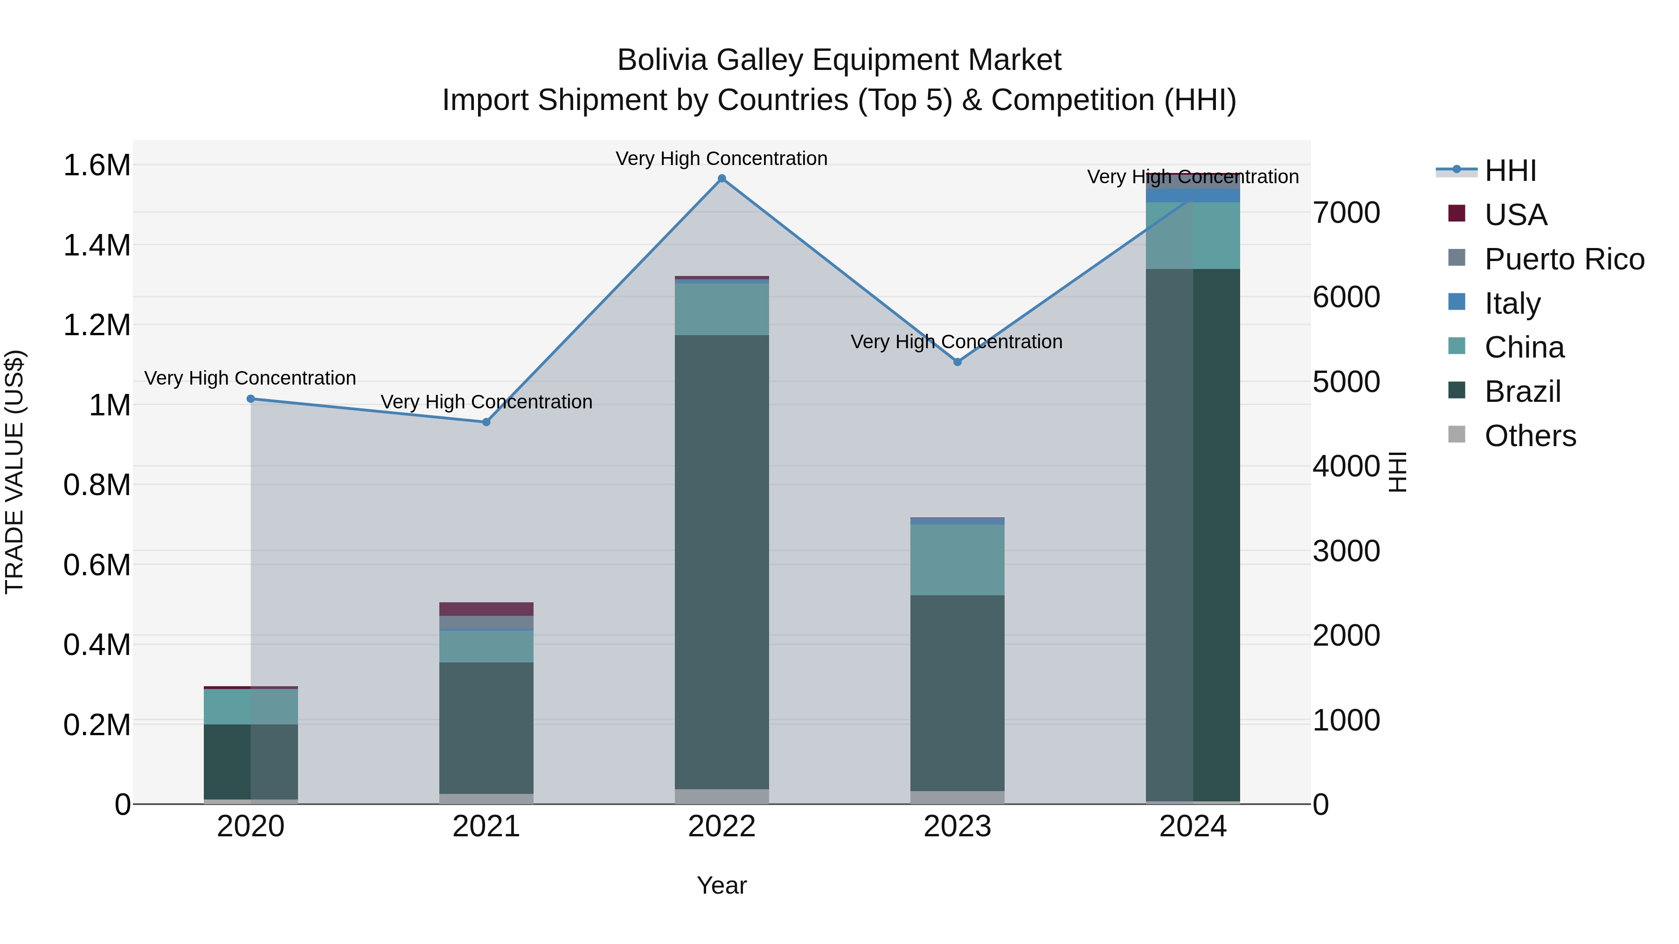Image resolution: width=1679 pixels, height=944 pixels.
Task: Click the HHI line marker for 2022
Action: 722,179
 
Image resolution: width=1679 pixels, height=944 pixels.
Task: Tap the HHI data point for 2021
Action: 486,422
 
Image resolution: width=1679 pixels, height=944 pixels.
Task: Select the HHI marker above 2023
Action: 957,362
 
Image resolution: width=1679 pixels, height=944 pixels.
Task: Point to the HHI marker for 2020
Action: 251,399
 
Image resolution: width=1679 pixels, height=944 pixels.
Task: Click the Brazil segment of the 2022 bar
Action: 722,560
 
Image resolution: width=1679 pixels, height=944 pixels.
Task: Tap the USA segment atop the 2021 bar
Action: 486,609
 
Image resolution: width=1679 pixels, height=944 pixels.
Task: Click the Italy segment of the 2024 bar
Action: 1193,195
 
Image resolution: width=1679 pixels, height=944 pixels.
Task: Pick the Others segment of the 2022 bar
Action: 722,796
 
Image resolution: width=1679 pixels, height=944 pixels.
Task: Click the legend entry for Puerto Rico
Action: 1564,259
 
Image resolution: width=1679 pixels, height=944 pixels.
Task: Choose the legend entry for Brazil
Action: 1523,392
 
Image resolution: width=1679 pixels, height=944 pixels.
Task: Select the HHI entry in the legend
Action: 1510,171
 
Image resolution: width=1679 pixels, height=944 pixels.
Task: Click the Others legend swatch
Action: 1457,434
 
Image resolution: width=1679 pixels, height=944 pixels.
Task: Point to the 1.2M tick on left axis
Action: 97,325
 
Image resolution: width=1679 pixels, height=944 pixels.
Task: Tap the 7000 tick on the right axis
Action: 1346,213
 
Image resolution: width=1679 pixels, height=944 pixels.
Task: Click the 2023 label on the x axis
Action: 957,827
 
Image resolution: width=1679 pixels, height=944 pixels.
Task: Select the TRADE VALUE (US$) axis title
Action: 14,472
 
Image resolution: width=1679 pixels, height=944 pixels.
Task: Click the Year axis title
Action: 722,885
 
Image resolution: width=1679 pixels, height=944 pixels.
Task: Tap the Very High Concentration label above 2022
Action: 722,158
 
